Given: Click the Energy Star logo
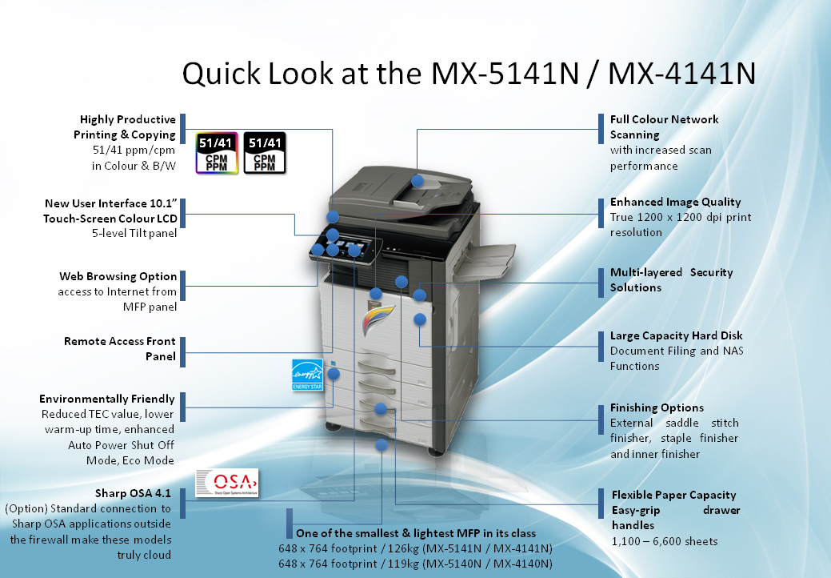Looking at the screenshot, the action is [x=307, y=375].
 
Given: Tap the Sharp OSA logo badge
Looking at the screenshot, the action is [x=227, y=483].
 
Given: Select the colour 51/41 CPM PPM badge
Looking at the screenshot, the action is [x=217, y=153].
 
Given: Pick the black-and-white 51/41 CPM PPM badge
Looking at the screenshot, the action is [x=265, y=153].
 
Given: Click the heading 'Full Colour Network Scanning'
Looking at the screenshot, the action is [x=664, y=126].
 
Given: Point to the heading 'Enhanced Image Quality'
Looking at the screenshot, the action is [x=675, y=202].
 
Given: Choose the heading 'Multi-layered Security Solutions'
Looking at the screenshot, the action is [x=672, y=280].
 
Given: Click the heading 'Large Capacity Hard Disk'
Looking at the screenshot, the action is [x=677, y=335].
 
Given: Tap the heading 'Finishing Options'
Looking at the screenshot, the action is [x=657, y=407].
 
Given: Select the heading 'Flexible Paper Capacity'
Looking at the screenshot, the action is [x=673, y=495].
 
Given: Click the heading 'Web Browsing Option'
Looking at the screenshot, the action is [x=118, y=276].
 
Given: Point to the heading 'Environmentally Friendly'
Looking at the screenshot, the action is [x=106, y=399].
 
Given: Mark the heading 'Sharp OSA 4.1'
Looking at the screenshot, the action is [x=133, y=493].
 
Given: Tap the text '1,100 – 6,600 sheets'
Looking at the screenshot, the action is [x=665, y=541].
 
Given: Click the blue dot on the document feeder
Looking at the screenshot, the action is [x=417, y=181].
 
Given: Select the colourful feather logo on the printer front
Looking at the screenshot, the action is [x=378, y=319].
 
